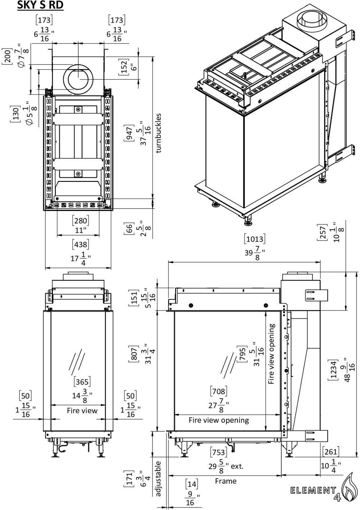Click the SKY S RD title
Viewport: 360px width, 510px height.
[40, 5]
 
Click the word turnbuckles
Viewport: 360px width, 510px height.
[159, 133]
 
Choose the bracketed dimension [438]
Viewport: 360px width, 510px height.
[80, 245]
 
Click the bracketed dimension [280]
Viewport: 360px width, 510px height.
[80, 220]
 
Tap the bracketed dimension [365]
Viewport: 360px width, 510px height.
[82, 381]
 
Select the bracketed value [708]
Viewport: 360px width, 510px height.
[219, 391]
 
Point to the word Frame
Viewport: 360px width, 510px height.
[226, 481]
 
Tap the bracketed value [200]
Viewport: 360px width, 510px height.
[6, 56]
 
